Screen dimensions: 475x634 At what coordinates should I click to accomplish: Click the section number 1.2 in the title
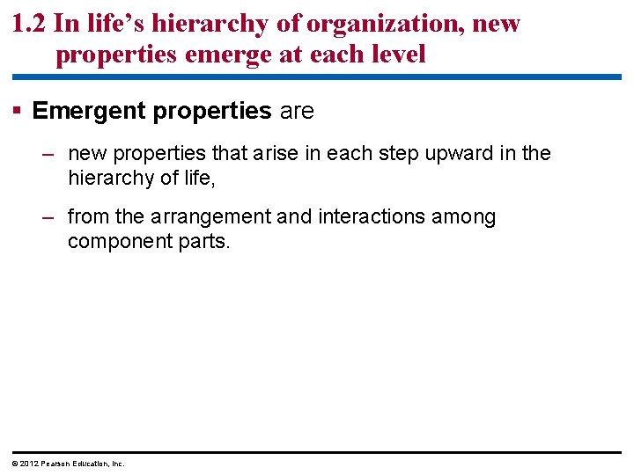(x=30, y=24)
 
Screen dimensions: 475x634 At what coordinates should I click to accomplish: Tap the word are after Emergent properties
(x=296, y=111)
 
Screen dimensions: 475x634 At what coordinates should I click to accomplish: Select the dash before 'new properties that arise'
(x=49, y=154)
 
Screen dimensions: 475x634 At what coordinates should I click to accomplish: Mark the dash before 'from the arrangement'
(x=49, y=217)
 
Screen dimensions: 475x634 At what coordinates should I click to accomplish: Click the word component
(x=113, y=242)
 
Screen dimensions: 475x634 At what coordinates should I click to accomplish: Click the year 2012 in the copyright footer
(x=25, y=464)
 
